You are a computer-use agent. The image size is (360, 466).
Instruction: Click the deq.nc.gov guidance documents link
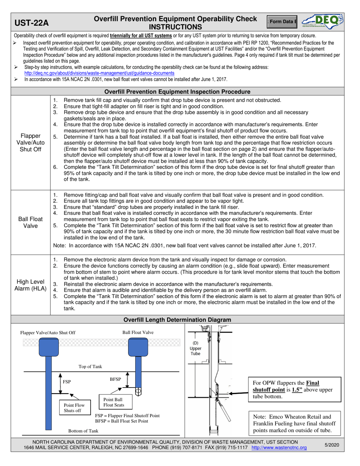[x=99, y=73]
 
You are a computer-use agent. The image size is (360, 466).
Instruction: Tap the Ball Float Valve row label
[x=31, y=223]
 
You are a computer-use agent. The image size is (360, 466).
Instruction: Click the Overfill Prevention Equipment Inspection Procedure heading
[x=177, y=92]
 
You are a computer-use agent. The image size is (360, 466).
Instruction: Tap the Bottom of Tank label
[x=83, y=431]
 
